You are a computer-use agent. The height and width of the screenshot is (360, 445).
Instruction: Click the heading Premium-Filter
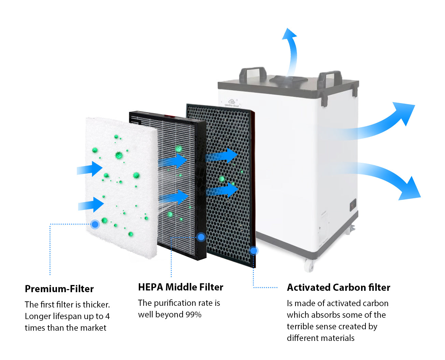(59, 289)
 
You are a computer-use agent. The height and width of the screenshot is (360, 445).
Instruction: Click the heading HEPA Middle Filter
(181, 287)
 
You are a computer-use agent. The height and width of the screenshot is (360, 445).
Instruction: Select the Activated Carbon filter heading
(338, 287)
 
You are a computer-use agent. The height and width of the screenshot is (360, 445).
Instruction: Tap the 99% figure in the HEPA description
(193, 314)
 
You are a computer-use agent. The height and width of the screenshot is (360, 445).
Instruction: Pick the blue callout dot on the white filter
(95, 224)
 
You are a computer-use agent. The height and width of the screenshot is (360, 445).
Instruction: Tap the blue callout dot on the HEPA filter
(201, 237)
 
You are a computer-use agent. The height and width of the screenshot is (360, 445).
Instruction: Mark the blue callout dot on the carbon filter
(254, 251)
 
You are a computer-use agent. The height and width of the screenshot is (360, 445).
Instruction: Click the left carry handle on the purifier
(253, 73)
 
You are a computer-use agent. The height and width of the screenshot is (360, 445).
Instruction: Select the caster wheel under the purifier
(309, 265)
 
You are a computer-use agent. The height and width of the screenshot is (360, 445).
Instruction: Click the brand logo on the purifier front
(233, 103)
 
